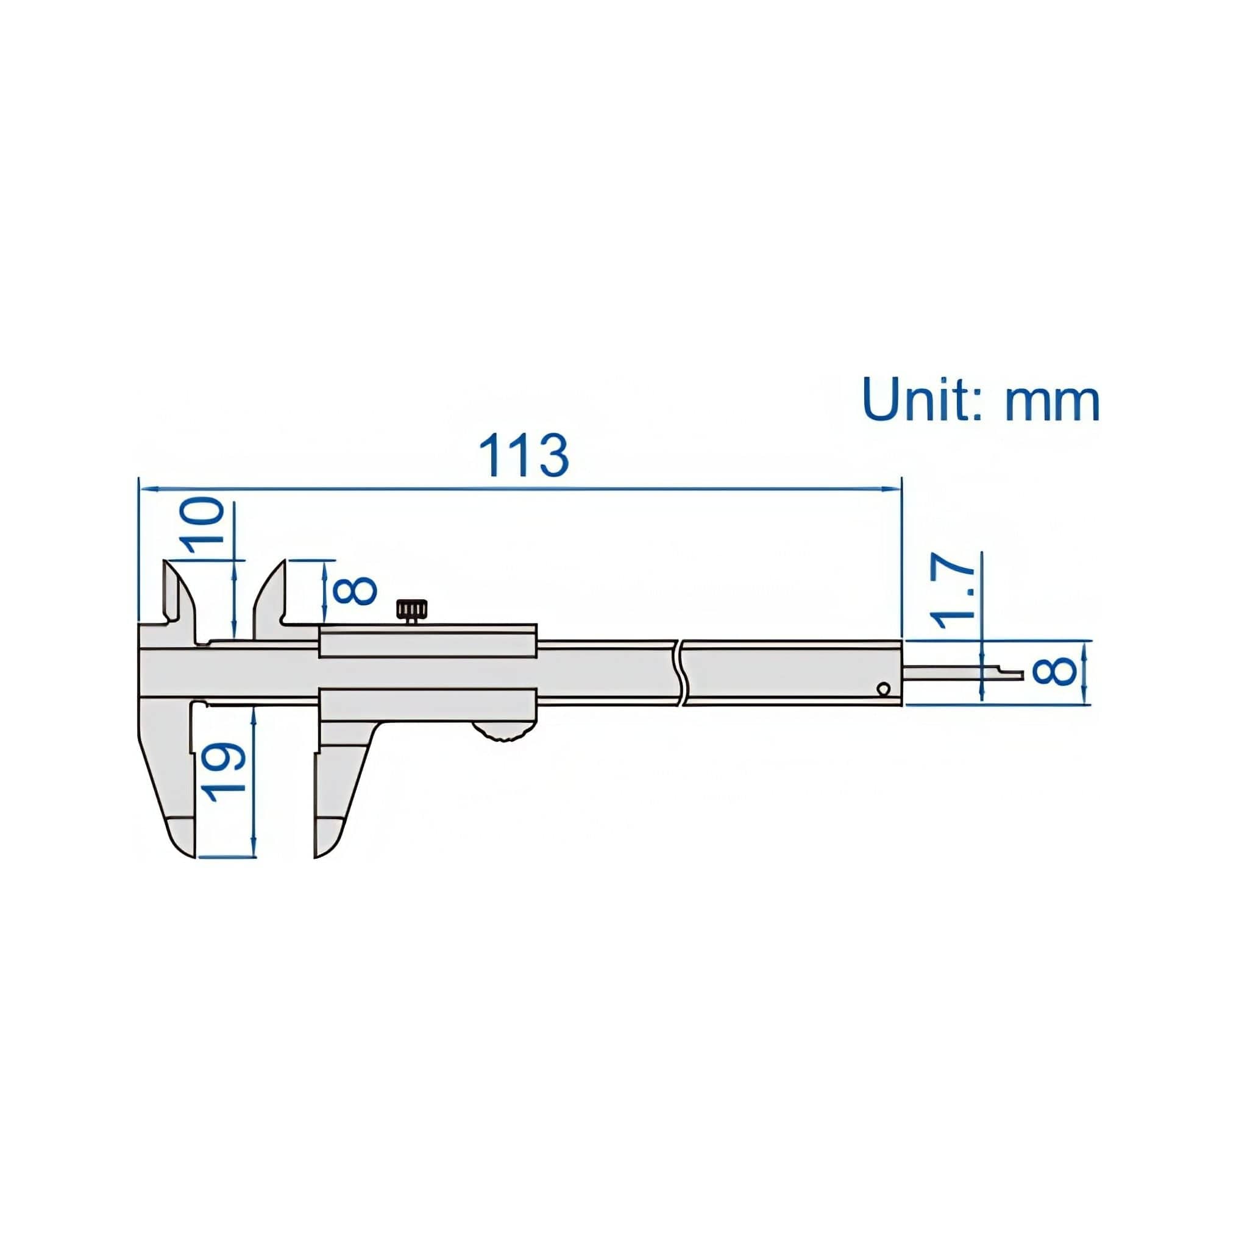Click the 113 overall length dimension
[x=524, y=455]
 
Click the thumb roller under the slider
[x=503, y=731]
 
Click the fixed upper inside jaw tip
[x=168, y=564]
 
